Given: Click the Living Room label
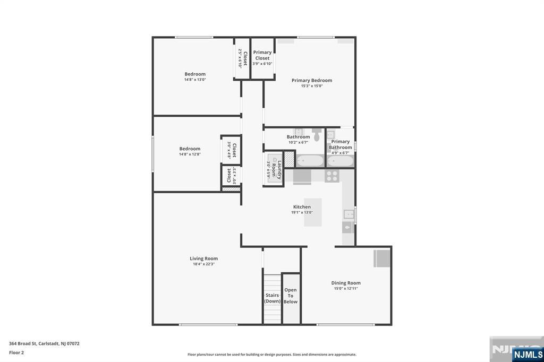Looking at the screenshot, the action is point(203,258).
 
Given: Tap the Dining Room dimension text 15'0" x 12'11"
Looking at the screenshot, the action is point(346,289).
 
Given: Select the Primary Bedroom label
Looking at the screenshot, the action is point(312,81).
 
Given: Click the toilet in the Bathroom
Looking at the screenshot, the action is point(317,134).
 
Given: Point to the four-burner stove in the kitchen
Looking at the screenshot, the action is point(332,176).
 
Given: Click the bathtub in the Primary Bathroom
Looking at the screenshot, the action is point(341,161).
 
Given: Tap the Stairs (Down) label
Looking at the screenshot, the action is point(273,298).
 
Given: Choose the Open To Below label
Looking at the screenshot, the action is point(291,296).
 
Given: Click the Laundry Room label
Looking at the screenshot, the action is point(276,169).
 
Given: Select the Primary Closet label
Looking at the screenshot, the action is point(262,55).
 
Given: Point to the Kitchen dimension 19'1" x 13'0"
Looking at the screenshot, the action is point(302,212).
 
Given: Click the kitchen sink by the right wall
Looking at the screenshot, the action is point(348,214).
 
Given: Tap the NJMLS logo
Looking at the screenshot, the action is point(528,354).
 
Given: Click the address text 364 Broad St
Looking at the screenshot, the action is point(23,343).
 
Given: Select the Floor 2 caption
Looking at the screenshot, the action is point(16,352).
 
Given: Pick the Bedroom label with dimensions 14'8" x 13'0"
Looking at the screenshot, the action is point(195,74).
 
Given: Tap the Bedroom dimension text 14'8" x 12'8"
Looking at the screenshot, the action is point(190,154).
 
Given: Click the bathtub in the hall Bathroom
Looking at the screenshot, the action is point(310,161).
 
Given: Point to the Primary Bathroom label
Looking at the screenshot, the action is point(341,144).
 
